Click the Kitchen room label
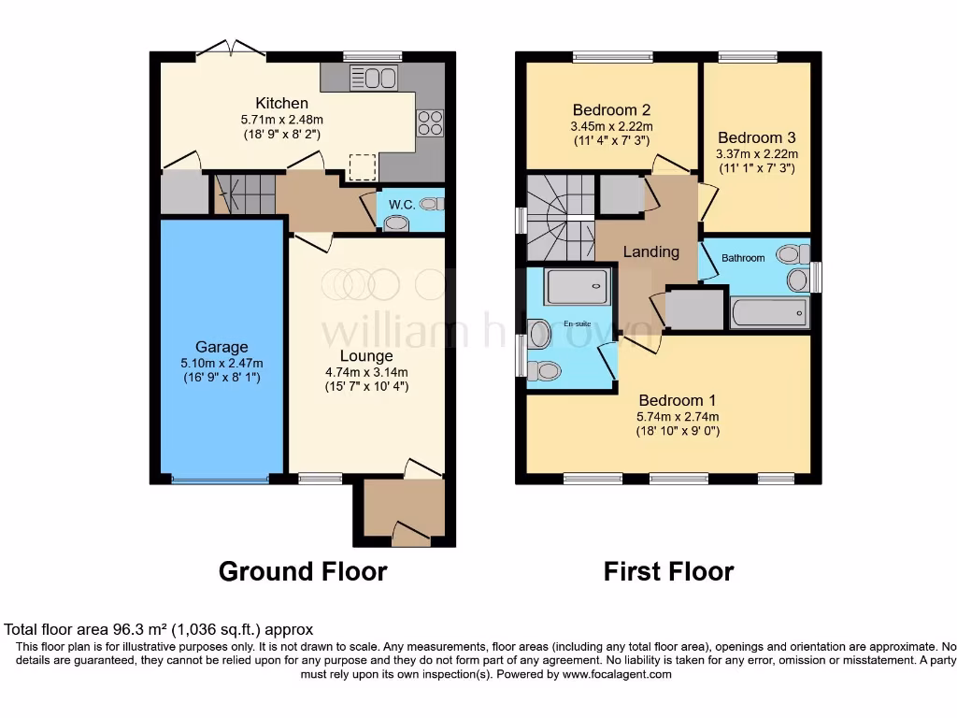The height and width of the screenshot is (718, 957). pyautogui.click(x=281, y=103)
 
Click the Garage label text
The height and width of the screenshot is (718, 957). pyautogui.click(x=221, y=347)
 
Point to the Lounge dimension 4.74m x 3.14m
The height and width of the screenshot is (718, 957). pyautogui.click(x=366, y=371)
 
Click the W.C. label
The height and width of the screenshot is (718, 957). pyautogui.click(x=402, y=204)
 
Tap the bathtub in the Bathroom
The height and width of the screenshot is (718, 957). pyautogui.click(x=768, y=312)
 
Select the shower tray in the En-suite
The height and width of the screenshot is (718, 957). pyautogui.click(x=578, y=285)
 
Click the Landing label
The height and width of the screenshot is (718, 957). pyautogui.click(x=651, y=251)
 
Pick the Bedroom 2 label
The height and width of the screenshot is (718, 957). pyautogui.click(x=611, y=109)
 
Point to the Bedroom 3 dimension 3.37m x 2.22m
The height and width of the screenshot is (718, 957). pyautogui.click(x=757, y=154)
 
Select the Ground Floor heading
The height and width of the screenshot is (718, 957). pyautogui.click(x=303, y=571)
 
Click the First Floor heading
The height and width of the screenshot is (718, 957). pyautogui.click(x=668, y=571)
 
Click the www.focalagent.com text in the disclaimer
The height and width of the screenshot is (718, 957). pyautogui.click(x=616, y=674)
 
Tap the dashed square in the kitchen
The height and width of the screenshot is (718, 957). pyautogui.click(x=362, y=166)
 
